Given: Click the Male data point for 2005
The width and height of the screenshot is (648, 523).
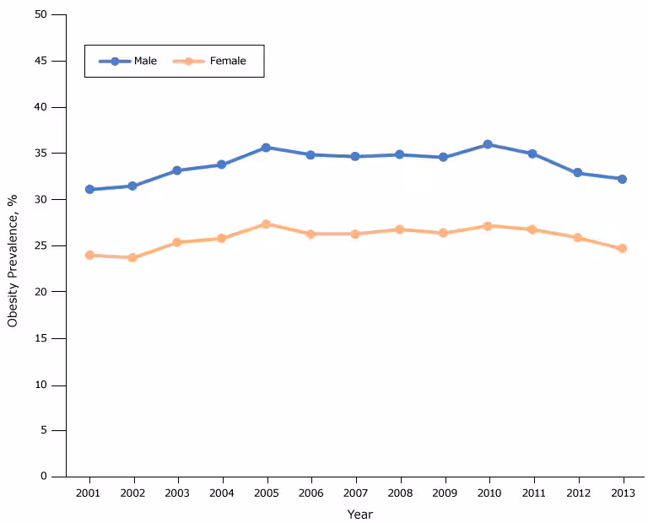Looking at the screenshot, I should click(x=266, y=148).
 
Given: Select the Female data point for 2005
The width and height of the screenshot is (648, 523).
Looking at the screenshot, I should click(x=266, y=224).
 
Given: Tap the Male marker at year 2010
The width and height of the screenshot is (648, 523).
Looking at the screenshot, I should click(x=488, y=145).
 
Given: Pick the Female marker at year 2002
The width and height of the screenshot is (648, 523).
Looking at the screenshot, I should click(x=132, y=257).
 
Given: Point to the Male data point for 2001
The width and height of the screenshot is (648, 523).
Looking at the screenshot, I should click(x=89, y=190).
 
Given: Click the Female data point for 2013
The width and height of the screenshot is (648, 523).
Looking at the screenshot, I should click(x=622, y=248).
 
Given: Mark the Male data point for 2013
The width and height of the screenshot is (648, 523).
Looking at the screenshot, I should click(x=622, y=179).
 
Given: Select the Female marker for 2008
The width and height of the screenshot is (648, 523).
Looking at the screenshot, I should click(x=399, y=229).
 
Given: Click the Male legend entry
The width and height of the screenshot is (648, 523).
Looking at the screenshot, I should click(x=128, y=61).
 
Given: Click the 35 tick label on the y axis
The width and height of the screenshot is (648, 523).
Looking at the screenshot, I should click(x=42, y=154).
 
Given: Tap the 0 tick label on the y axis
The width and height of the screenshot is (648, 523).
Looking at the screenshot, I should click(x=45, y=477).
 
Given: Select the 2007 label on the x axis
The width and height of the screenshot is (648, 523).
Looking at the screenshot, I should click(x=354, y=493).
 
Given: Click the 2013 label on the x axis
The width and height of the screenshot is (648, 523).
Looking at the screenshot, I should click(x=622, y=493).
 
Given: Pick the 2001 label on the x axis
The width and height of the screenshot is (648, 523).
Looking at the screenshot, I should click(x=89, y=493).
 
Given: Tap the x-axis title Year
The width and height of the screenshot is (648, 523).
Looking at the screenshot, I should click(x=359, y=514).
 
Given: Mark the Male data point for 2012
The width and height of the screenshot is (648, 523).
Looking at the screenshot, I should click(x=578, y=173).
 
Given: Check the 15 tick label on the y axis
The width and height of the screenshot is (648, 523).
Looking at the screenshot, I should click(x=42, y=338).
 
